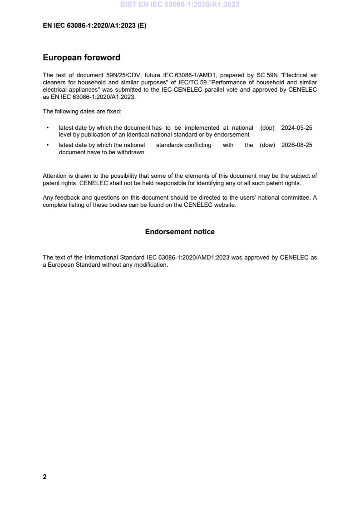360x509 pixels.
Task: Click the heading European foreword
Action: pyautogui.click(x=81, y=58)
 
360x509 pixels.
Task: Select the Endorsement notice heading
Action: pyautogui.click(x=180, y=232)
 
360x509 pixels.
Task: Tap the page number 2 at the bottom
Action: pyautogui.click(x=44, y=476)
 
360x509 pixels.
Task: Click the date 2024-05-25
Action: pyautogui.click(x=297, y=128)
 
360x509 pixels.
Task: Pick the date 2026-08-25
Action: pyautogui.click(x=297, y=145)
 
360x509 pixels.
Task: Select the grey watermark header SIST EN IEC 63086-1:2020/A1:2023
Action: pyautogui.click(x=180, y=5)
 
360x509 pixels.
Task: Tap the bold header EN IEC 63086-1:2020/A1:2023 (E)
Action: pyautogui.click(x=94, y=26)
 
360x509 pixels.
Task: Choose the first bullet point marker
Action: pyautogui.click(x=48, y=128)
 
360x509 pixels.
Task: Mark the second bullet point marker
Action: pyautogui.click(x=48, y=145)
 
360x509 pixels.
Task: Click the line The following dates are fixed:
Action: pyautogui.click(x=82, y=111)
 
